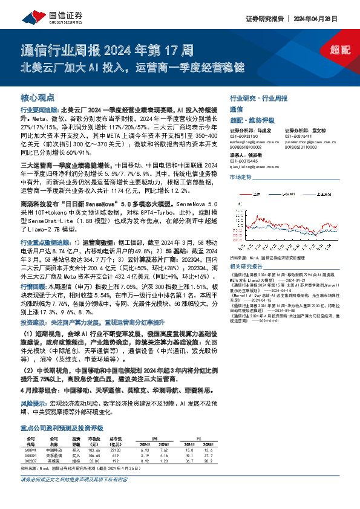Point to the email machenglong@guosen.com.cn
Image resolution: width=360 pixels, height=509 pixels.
(x=248, y=142)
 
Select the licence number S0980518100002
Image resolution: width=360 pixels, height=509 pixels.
(x=246, y=148)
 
